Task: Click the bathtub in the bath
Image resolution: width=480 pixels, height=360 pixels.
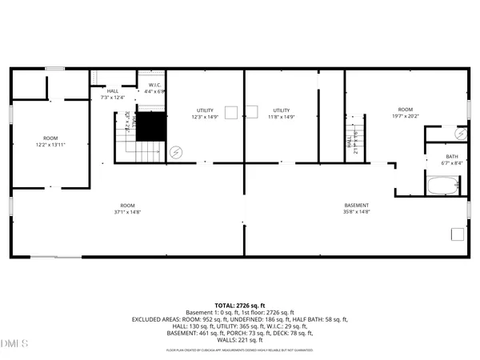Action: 442,186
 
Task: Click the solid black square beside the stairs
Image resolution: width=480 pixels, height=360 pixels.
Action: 150,127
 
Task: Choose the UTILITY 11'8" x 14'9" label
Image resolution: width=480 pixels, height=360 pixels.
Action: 282,114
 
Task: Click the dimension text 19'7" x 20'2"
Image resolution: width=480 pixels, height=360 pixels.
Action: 406,115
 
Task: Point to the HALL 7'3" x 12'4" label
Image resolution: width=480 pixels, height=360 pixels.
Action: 113,94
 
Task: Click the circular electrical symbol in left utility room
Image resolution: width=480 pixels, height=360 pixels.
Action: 177,150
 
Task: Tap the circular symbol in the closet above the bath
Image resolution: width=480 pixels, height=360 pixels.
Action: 459,134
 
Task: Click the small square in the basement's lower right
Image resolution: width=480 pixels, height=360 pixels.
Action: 457,234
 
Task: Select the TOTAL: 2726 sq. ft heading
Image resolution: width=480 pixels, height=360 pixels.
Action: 240,306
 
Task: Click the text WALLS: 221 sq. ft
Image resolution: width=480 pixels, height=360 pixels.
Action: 240,340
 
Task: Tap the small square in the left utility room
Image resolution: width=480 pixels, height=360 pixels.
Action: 230,111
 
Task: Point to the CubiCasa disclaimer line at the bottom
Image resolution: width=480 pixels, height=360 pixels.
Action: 240,350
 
